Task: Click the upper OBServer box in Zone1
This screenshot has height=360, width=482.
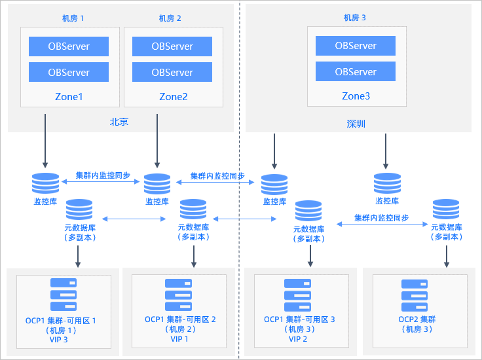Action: tap(69, 46)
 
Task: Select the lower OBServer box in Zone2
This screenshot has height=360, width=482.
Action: tap(172, 72)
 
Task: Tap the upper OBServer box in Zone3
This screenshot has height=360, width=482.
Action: tap(356, 46)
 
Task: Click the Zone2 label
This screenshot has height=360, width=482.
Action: tap(174, 97)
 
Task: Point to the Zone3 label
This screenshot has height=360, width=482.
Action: tap(356, 96)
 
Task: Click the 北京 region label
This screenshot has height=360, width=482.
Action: tap(119, 122)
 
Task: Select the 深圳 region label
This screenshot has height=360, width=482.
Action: tap(356, 124)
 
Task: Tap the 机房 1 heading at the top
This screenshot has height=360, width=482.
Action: tap(73, 18)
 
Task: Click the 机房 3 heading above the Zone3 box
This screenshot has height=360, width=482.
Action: tap(355, 18)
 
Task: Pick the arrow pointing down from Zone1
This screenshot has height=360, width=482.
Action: tap(45, 141)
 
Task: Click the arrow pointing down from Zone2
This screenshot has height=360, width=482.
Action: tap(157, 141)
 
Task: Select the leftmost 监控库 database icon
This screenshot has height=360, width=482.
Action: tap(45, 183)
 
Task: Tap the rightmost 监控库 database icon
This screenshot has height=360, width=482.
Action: tap(387, 183)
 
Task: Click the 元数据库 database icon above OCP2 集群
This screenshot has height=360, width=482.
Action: tap(446, 209)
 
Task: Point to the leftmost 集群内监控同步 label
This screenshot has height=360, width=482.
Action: tap(103, 175)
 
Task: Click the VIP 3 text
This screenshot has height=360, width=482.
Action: tap(59, 340)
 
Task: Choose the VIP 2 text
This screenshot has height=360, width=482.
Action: tap(298, 339)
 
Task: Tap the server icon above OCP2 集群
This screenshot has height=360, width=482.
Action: tap(415, 295)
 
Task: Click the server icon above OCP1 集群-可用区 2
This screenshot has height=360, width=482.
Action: tap(178, 295)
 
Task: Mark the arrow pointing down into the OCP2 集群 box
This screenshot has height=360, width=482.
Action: tap(447, 257)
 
